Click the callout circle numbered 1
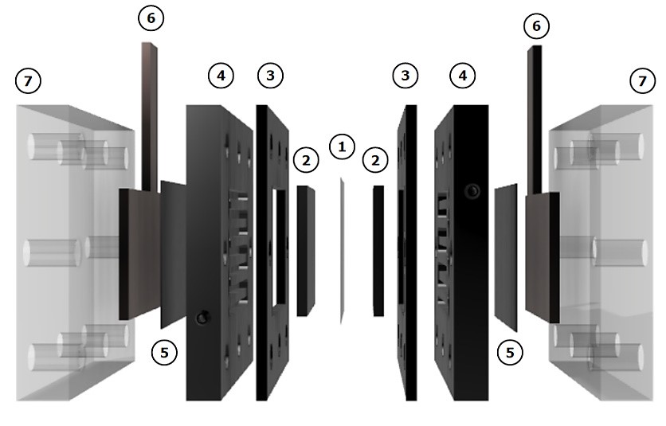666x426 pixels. click(x=342, y=147)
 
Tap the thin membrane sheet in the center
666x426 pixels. click(x=342, y=251)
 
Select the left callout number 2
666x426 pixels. click(x=306, y=160)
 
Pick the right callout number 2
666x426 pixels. click(x=375, y=160)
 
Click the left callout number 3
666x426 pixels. click(x=271, y=76)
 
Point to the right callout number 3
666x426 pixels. click(x=405, y=76)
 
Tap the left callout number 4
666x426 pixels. click(x=221, y=76)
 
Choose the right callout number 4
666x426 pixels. click(x=463, y=76)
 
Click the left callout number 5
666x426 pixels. click(x=164, y=352)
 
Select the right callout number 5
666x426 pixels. click(x=510, y=352)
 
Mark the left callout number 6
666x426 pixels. click(x=151, y=18)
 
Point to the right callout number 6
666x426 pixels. click(x=536, y=26)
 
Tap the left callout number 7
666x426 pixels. click(x=28, y=80)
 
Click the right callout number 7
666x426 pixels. click(x=642, y=80)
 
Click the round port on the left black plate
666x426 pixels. click(x=202, y=318)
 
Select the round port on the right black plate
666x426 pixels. click(x=472, y=190)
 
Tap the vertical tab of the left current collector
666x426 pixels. click(x=149, y=115)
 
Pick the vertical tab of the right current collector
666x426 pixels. click(x=535, y=119)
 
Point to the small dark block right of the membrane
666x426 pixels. click(x=378, y=251)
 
